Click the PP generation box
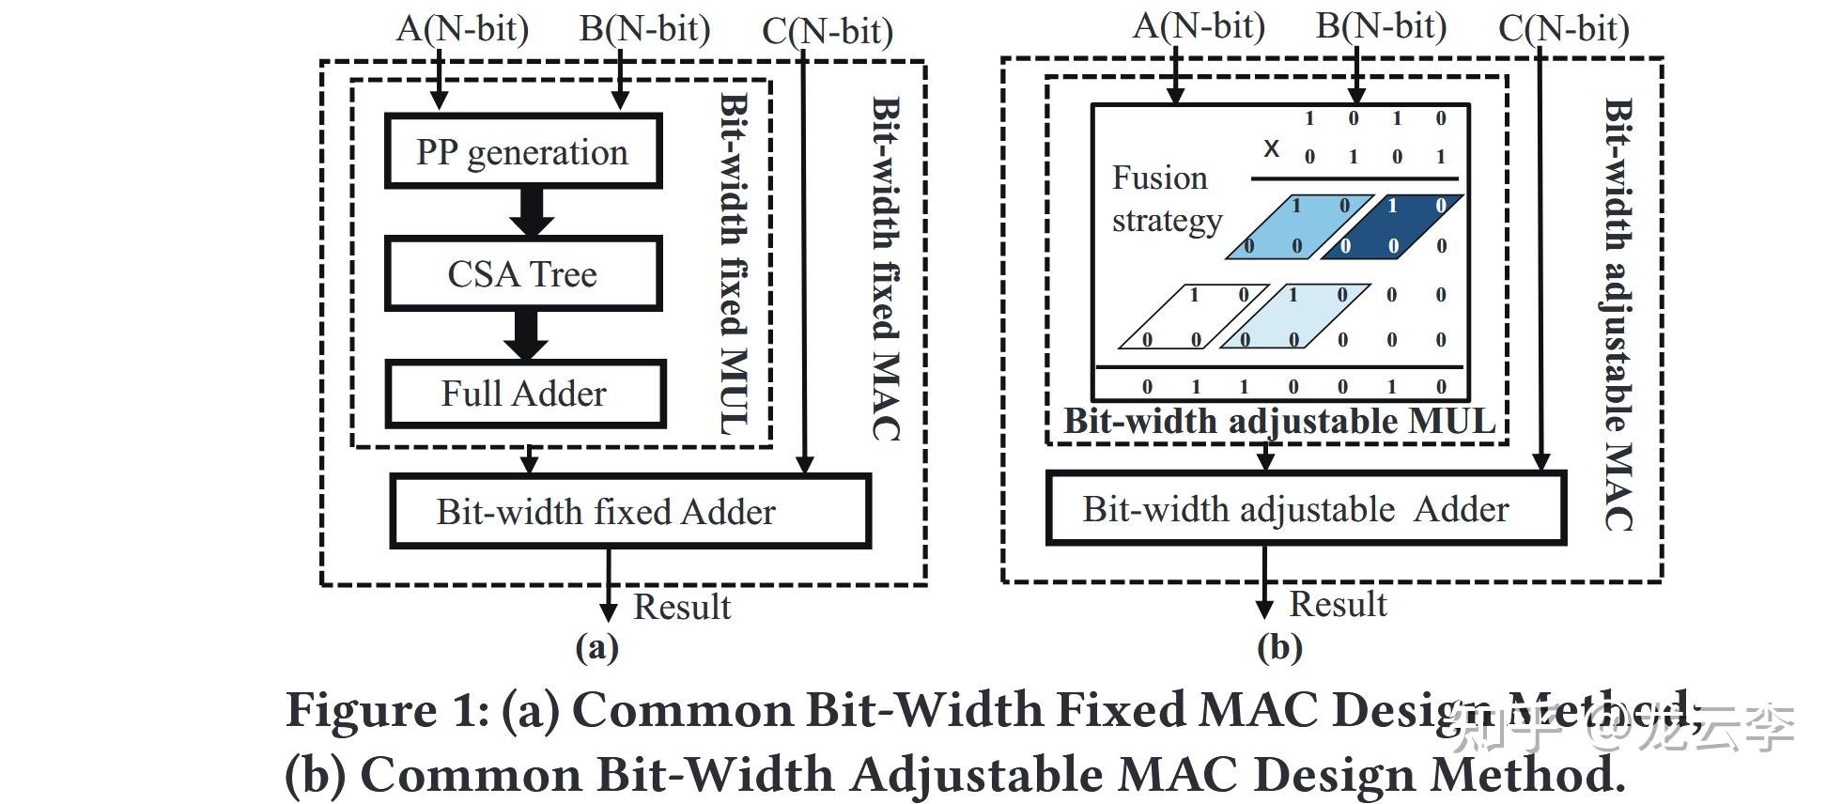[x=523, y=151]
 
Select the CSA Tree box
[x=523, y=273]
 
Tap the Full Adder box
[x=525, y=394]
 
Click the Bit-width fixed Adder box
[x=630, y=511]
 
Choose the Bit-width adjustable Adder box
[x=1306, y=508]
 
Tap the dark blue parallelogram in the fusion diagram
[x=1392, y=226]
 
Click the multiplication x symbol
[x=1271, y=147]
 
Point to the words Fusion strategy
[x=1167, y=198]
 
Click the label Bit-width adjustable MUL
[x=1279, y=421]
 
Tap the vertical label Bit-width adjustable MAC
[x=1618, y=315]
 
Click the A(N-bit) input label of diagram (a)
[x=462, y=28]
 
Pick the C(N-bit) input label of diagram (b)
[x=1564, y=27]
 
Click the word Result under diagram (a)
[x=682, y=607]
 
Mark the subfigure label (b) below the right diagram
[x=1279, y=647]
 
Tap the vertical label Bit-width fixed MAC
[x=886, y=268]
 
